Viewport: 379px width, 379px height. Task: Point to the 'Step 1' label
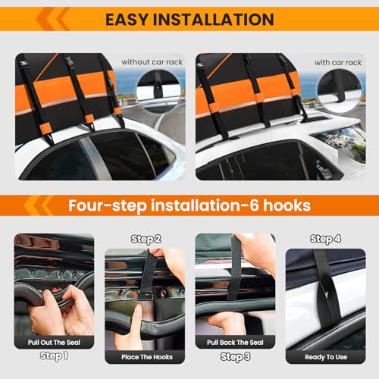[54, 356]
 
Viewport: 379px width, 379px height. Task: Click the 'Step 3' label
[235, 356]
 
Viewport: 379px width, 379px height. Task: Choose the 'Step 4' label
[326, 239]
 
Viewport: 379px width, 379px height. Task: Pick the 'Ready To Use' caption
[326, 356]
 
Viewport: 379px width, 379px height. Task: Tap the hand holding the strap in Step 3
[255, 254]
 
